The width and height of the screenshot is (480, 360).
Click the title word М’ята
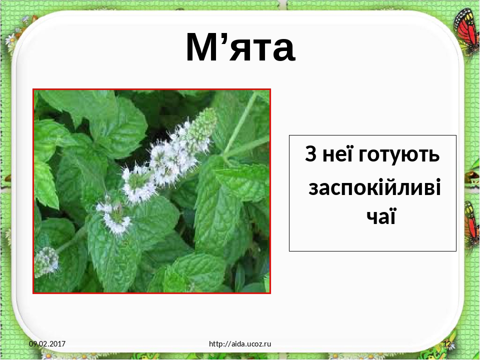pos(240,48)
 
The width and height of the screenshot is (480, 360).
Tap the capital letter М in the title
pos(200,48)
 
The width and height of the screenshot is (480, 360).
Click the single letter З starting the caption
pos(309,155)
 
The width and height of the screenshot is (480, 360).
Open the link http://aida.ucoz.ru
pos(240,344)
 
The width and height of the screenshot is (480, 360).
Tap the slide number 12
pos(447,344)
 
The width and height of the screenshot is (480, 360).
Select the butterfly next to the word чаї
pos(470,222)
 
